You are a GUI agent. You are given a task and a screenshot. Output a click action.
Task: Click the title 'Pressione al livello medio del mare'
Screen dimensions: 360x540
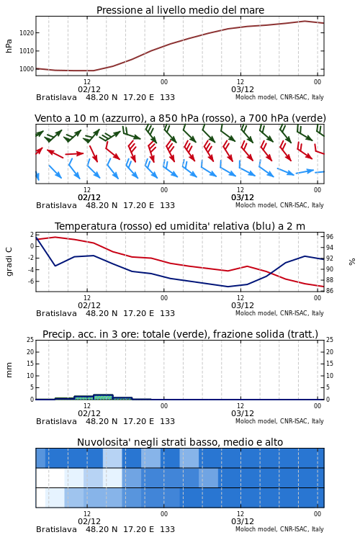[x=180, y=10]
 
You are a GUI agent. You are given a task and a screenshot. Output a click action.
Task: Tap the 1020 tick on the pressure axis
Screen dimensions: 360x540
[x=27, y=33]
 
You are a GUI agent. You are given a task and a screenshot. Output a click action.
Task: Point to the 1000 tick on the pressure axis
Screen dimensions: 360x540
[x=27, y=69]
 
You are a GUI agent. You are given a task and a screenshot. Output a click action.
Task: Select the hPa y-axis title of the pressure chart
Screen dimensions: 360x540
[x=9, y=46]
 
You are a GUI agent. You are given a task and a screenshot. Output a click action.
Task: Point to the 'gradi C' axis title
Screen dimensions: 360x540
[x=9, y=261]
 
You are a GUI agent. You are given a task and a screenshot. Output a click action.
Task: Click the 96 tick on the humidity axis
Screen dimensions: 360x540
[x=330, y=237]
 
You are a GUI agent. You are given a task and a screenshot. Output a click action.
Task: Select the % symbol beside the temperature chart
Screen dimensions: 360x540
[x=352, y=262]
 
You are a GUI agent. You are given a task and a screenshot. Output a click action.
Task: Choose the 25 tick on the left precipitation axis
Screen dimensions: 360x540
[x=30, y=340]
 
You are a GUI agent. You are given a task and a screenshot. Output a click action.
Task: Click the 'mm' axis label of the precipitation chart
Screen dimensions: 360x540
[x=9, y=370]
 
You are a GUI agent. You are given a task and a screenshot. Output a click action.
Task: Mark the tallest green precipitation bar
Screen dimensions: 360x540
[x=104, y=397]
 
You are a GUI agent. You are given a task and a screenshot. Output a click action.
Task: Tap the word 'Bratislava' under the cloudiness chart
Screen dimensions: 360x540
[x=56, y=529]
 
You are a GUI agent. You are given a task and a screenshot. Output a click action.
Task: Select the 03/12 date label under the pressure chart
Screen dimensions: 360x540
[x=243, y=89]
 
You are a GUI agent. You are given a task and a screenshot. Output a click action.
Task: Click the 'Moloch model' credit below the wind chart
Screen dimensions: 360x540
[x=256, y=205]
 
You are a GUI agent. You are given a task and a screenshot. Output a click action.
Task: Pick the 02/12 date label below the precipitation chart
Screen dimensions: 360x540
[x=89, y=413]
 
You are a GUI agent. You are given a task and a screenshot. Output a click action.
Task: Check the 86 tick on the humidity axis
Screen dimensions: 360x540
[x=330, y=291]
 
